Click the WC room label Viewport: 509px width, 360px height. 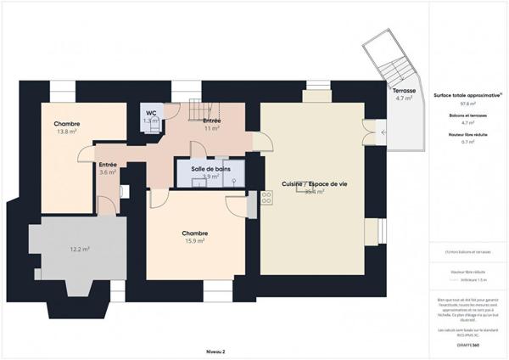coord(150,113)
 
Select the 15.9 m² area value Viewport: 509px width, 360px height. coord(195,242)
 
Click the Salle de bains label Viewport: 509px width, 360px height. coord(210,169)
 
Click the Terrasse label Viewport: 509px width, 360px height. coord(404,89)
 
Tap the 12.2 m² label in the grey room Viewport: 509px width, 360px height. coord(80,250)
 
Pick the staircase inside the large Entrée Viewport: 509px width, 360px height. coord(201,110)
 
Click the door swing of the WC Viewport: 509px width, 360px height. coord(171,111)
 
